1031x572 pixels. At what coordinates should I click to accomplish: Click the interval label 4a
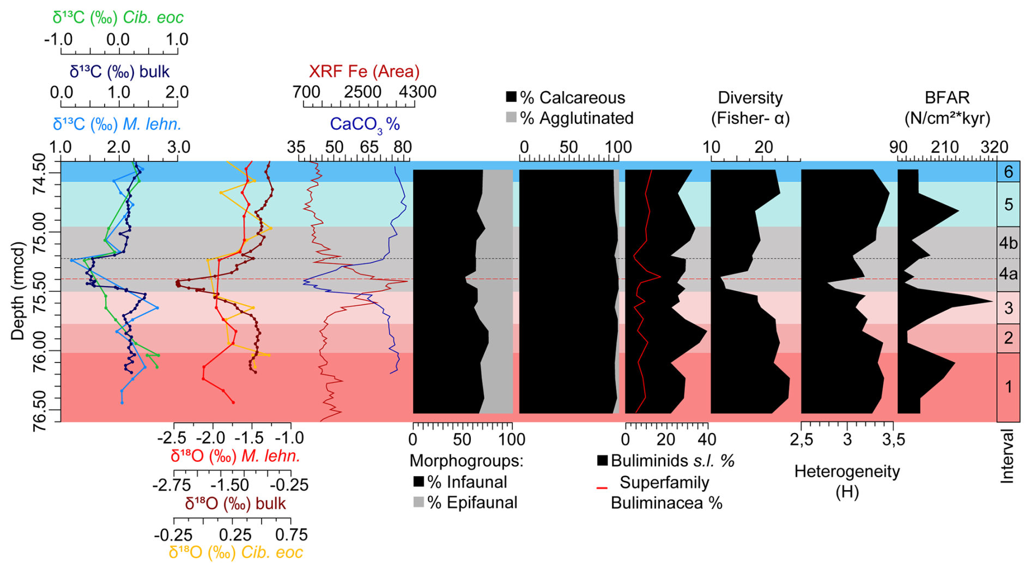tap(1008, 274)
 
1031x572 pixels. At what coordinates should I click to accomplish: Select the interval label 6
tap(1008, 172)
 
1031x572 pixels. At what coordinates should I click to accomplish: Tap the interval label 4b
tap(1008, 243)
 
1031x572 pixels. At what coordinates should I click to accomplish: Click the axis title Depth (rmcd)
tap(18, 291)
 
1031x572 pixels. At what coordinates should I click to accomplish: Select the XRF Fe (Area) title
tap(364, 71)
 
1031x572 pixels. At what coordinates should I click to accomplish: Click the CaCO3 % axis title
tap(365, 124)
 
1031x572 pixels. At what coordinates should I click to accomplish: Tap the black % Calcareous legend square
tap(511, 97)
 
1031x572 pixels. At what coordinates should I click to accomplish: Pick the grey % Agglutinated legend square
tap(511, 117)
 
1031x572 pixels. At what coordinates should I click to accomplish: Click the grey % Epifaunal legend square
tap(419, 502)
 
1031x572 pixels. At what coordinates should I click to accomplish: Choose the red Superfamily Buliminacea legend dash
tap(602, 488)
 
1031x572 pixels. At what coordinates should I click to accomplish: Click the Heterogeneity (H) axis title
tap(847, 481)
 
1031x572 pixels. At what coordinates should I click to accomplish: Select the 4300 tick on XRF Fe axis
tap(417, 92)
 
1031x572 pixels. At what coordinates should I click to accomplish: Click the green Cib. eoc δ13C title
tap(118, 17)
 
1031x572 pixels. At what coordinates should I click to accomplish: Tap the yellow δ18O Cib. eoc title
tap(235, 552)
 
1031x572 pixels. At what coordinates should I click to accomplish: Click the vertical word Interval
tap(1008, 456)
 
